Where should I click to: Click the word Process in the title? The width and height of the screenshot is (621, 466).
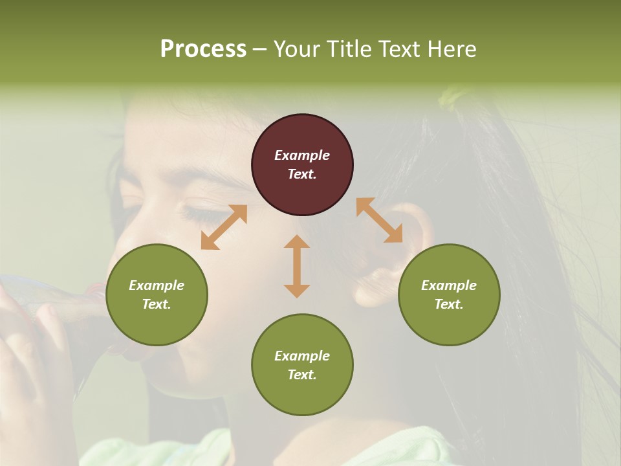203,49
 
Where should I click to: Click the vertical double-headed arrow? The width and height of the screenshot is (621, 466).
297,266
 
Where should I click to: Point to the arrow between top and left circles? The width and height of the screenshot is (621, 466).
224,227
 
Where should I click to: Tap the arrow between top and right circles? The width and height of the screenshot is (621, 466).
380,221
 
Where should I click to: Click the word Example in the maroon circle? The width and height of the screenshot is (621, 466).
302,155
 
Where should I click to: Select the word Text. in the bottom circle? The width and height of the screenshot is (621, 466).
302,375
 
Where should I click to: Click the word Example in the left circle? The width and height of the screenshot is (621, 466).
157,285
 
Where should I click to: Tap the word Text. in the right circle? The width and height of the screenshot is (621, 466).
449,304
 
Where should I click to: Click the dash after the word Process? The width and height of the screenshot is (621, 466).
260,49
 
